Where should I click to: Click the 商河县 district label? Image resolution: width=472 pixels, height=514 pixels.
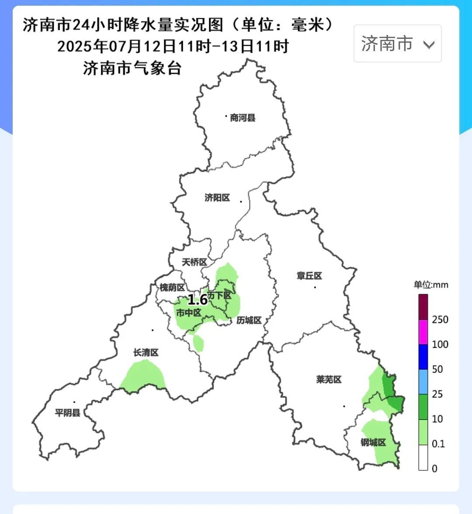pyautogui.click(x=243, y=118)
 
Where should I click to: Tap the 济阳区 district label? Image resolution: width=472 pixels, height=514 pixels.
pyautogui.click(x=217, y=198)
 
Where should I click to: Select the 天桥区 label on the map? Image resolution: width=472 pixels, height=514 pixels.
pyautogui.click(x=194, y=262)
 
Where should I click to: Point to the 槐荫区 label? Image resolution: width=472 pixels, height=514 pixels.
pyautogui.click(x=172, y=287)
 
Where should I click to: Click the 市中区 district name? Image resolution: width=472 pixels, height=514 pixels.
pyautogui.click(x=189, y=313)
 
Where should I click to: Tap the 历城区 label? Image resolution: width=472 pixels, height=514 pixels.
pyautogui.click(x=249, y=320)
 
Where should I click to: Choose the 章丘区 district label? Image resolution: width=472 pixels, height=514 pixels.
pyautogui.click(x=309, y=276)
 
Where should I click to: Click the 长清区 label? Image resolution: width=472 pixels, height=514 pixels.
pyautogui.click(x=146, y=352)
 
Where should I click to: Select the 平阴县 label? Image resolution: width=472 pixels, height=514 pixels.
pyautogui.click(x=68, y=412)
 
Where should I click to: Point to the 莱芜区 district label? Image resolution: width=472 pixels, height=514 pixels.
pyautogui.click(x=329, y=379)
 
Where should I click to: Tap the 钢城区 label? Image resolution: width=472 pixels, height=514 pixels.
pyautogui.click(x=373, y=442)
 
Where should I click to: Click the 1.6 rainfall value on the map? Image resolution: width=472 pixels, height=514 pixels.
pyautogui.click(x=198, y=300)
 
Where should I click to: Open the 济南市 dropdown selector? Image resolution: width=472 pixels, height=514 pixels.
pyautogui.click(x=397, y=44)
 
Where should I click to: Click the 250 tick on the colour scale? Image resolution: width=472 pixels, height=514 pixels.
pyautogui.click(x=440, y=320)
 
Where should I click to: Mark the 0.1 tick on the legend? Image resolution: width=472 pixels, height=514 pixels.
pyautogui.click(x=438, y=444)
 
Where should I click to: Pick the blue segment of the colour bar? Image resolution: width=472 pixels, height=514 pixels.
pyautogui.click(x=423, y=357)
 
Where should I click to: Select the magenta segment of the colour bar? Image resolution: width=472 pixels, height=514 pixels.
pyautogui.click(x=423, y=332)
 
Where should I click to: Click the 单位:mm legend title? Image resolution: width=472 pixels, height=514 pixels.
pyautogui.click(x=431, y=285)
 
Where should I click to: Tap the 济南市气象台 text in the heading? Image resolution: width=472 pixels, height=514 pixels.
pyautogui.click(x=132, y=68)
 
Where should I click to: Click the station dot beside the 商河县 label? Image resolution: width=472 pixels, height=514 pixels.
pyautogui.click(x=226, y=116)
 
